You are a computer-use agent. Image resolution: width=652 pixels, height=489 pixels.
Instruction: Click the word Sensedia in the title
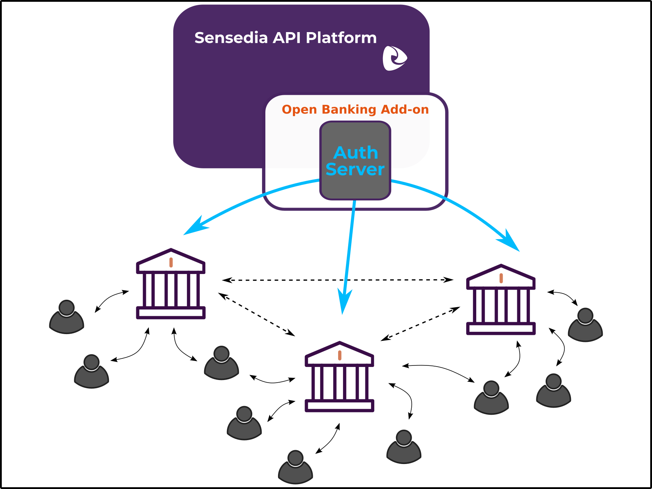[231, 38]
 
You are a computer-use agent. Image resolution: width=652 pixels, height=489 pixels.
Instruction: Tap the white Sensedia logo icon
[394, 58]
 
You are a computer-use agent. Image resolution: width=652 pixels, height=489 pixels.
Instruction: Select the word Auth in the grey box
[356, 153]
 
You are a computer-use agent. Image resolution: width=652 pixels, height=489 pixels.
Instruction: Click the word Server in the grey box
[355, 169]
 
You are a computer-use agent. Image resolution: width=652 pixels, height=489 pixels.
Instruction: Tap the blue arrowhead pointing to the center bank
[344, 301]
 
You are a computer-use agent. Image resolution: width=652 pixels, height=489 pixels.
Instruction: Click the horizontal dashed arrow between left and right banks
[338, 280]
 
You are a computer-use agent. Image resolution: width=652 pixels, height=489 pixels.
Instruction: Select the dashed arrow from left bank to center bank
[257, 314]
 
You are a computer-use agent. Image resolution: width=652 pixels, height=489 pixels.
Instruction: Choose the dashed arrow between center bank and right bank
[420, 324]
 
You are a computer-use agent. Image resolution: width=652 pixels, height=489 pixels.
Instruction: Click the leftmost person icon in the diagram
[67, 318]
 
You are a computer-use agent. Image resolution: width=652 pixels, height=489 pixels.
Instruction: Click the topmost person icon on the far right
[585, 326]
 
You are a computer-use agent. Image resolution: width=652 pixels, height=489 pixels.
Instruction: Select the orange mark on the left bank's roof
[171, 262]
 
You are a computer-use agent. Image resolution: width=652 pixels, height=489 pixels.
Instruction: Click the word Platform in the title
[341, 38]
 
